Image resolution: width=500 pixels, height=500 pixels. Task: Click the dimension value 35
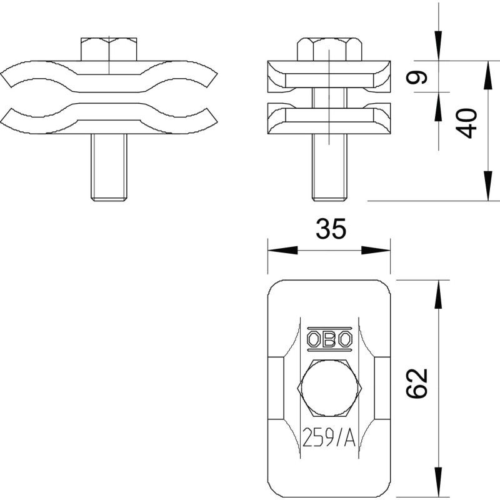(x=331, y=229)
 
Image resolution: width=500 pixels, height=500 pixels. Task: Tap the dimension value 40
(x=466, y=123)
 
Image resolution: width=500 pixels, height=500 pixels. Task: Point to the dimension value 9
(x=416, y=77)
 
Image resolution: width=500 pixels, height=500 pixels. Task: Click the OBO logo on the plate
(x=329, y=339)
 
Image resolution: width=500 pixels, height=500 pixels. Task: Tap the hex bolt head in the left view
(x=109, y=49)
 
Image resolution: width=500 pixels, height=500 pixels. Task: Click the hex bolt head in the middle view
(x=329, y=49)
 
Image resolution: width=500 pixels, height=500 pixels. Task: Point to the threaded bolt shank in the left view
(x=109, y=167)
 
